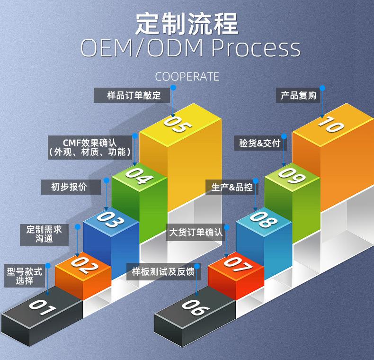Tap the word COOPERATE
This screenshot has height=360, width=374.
[x=187, y=77]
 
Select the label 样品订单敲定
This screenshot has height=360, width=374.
[x=134, y=95]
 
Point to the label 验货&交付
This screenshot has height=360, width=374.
[x=260, y=143]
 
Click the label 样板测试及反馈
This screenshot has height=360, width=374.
[x=163, y=272]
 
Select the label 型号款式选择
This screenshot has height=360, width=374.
[x=25, y=276]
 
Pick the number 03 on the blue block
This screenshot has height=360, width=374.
[x=111, y=219]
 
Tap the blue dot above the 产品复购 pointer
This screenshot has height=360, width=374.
[x=322, y=88]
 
